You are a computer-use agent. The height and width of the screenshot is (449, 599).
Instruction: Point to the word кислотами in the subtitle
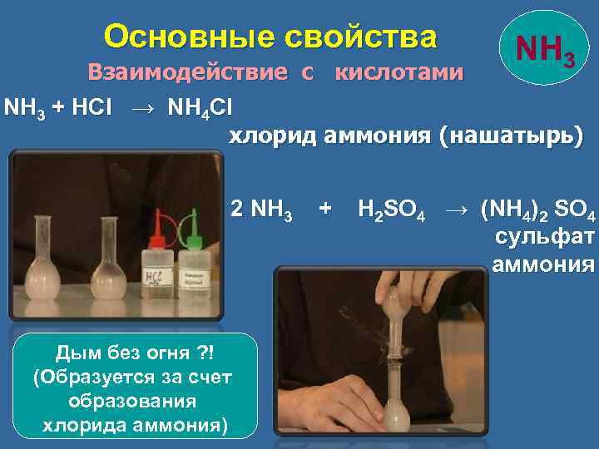(x=399, y=73)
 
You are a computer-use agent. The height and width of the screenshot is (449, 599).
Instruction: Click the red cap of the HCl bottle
(x=153, y=208)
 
